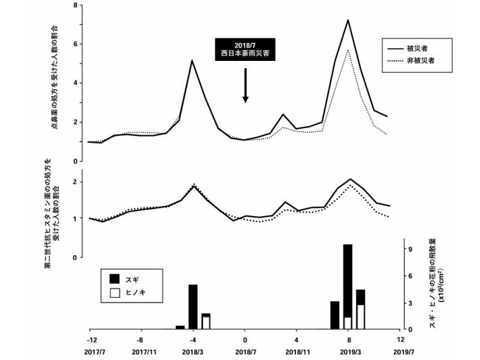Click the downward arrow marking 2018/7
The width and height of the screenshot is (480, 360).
(245, 86)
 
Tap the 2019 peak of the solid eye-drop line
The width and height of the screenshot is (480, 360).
(348, 20)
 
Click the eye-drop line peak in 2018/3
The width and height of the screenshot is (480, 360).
(193, 60)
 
